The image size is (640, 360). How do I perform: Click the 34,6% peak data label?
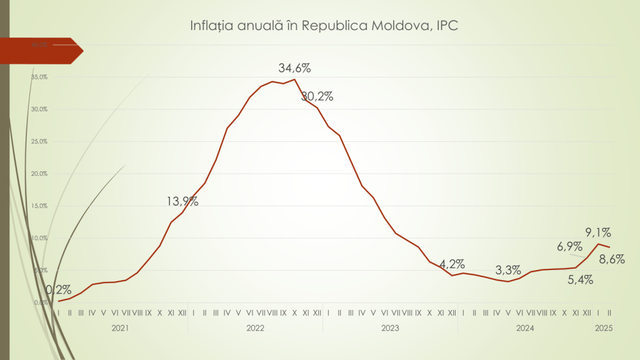[x=294, y=68]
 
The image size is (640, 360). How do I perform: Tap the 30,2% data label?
[x=317, y=96]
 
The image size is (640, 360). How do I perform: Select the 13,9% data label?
[x=182, y=201]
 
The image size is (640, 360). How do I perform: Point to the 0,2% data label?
[x=58, y=290]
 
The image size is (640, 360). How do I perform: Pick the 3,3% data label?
[x=508, y=271]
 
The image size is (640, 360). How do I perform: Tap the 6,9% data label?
[x=569, y=246]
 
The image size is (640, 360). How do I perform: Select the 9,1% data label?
[x=598, y=232]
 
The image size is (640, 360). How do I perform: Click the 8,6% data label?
[x=612, y=258]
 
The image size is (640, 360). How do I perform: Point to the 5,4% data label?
[x=581, y=279]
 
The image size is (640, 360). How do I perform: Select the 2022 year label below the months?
[x=255, y=327]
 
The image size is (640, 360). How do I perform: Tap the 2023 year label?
[x=390, y=327]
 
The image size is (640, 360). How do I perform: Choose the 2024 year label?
[x=525, y=327]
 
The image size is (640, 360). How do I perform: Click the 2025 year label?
[x=604, y=327]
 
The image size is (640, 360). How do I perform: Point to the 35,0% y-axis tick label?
[x=39, y=77]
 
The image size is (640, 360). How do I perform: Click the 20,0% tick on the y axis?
[x=39, y=174]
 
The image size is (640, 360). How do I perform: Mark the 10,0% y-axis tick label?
[x=39, y=238]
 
